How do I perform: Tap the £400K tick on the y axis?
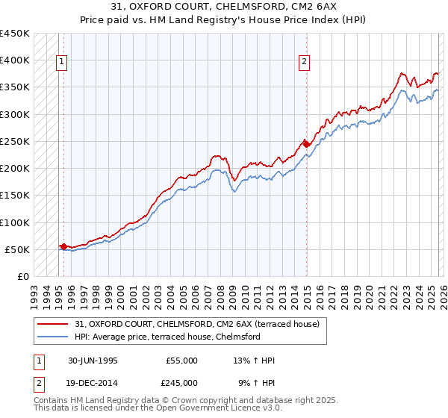15,60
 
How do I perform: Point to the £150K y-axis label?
15,196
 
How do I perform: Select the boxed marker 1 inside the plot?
60,63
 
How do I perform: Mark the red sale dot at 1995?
64,246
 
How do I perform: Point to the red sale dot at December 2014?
306,144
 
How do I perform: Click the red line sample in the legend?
53,324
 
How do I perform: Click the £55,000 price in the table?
181,361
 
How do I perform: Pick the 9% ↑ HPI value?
255,382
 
